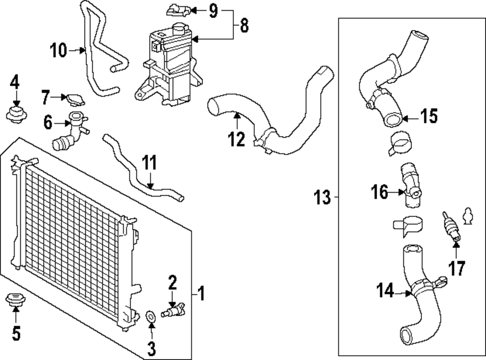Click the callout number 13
point(322,198)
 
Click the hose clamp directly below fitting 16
point(407,225)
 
